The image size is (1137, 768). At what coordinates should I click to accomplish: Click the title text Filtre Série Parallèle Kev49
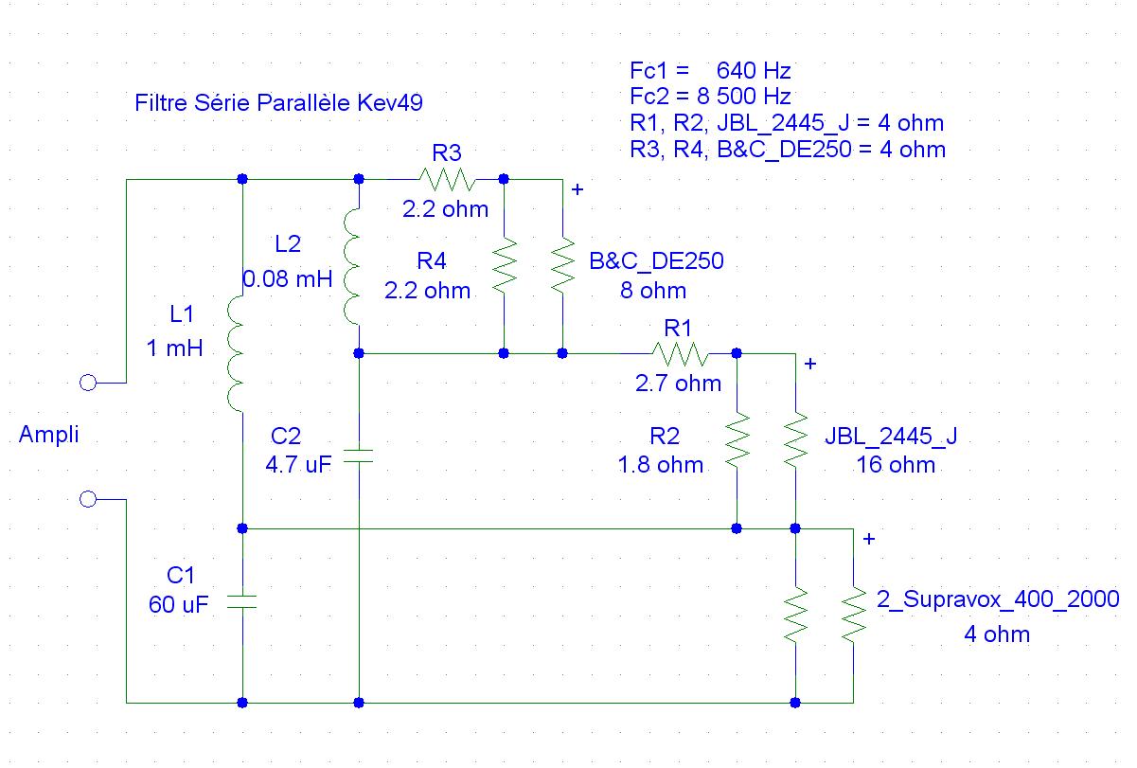(278, 103)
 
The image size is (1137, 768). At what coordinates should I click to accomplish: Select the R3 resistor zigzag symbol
(447, 179)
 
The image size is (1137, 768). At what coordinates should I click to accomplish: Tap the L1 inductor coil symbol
(236, 354)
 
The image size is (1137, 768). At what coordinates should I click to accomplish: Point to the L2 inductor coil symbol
(352, 266)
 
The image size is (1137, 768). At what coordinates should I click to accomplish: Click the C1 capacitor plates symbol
(242, 601)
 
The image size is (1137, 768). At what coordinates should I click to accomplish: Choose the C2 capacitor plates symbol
(359, 455)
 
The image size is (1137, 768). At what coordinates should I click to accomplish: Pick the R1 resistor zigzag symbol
(680, 354)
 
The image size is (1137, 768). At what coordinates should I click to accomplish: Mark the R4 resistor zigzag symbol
(504, 266)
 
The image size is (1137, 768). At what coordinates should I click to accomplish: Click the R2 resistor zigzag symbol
(737, 440)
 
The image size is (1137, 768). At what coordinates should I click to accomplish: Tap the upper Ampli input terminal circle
(88, 383)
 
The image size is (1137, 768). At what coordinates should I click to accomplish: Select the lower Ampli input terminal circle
(88, 499)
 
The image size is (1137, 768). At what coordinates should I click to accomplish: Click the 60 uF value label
(179, 604)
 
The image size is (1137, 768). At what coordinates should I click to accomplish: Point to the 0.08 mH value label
(288, 278)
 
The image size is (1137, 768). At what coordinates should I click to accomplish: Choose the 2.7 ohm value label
(678, 384)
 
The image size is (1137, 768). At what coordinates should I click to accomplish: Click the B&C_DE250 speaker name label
(656, 261)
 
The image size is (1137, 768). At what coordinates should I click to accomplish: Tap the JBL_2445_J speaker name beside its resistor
(891, 436)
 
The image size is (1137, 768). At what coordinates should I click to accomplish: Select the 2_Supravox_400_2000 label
(998, 599)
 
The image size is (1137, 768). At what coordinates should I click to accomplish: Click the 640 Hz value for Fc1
(754, 71)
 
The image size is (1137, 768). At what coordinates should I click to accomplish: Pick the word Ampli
(48, 435)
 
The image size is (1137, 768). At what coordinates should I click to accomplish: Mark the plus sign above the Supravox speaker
(869, 539)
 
